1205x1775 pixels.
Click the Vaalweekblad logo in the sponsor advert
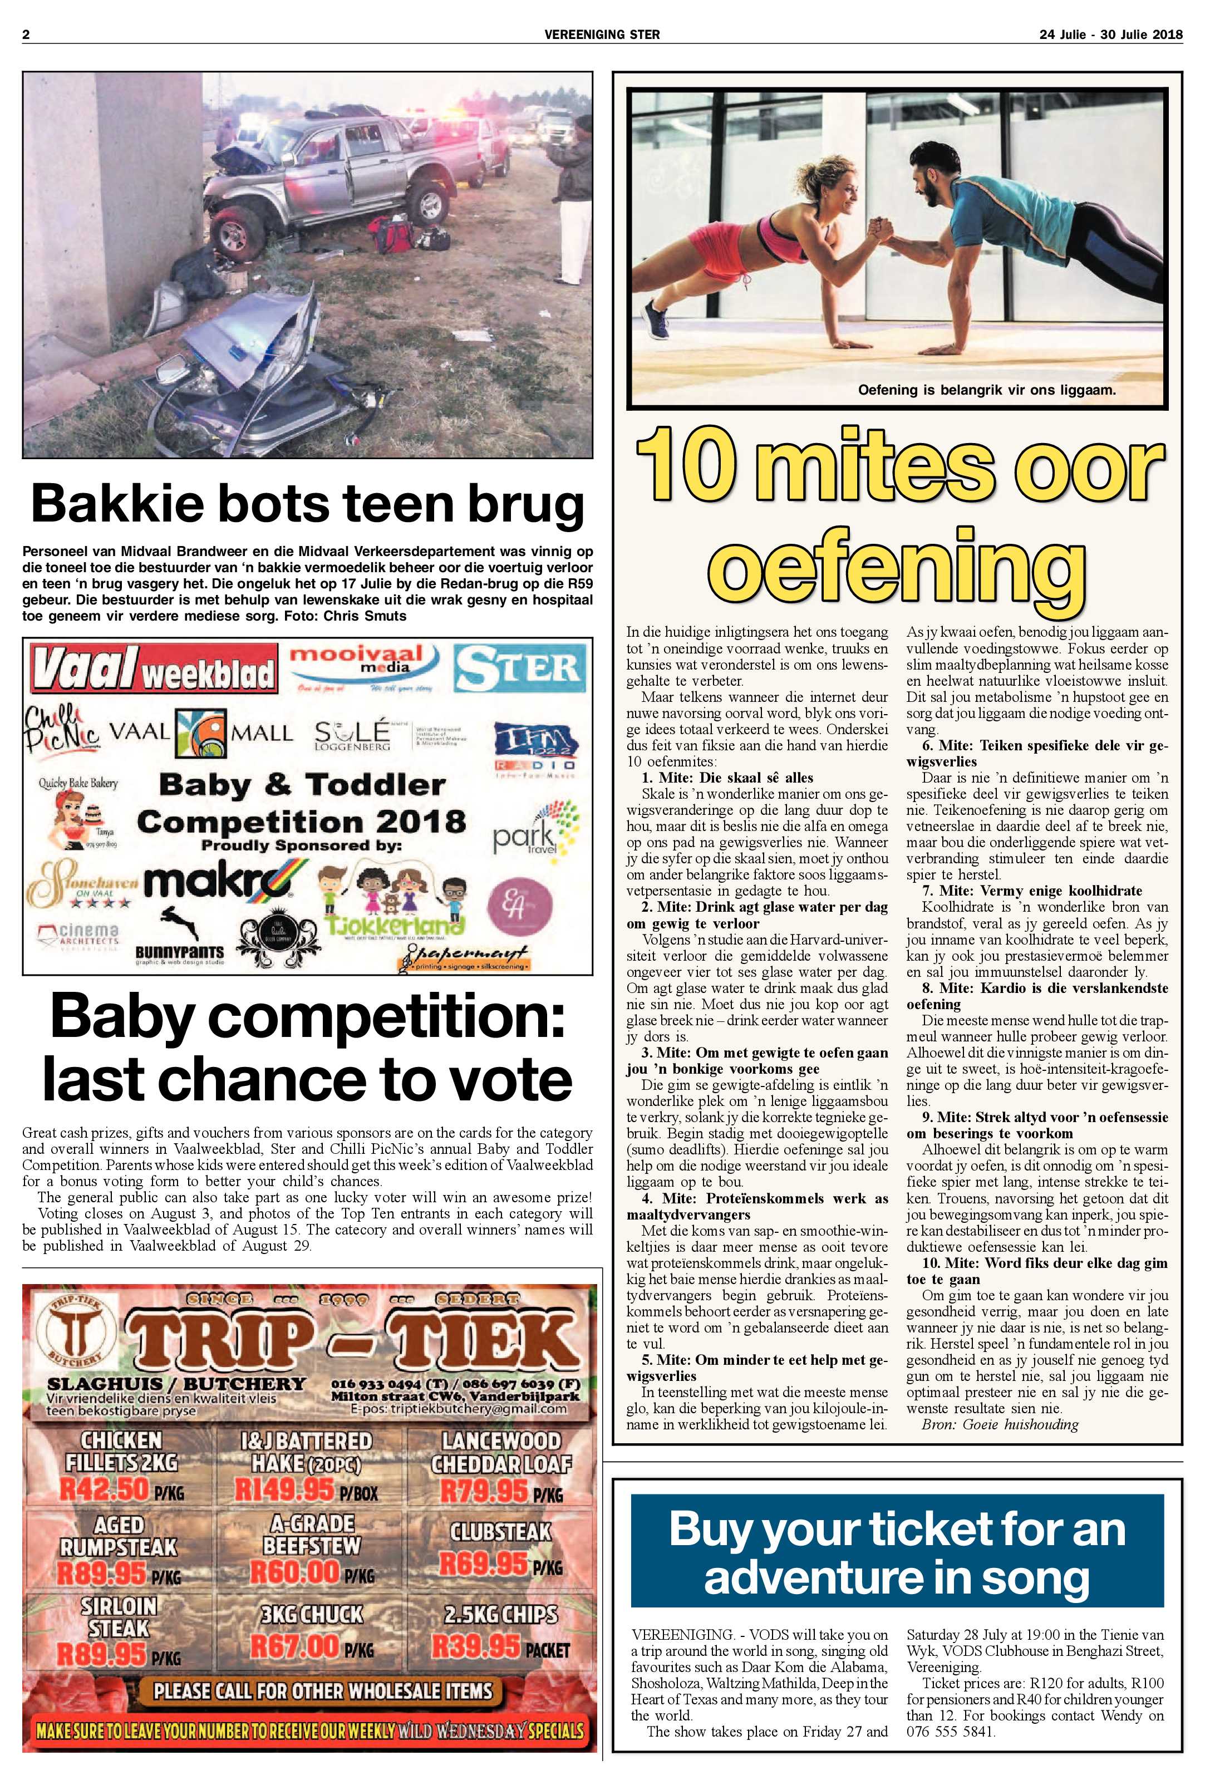click(153, 669)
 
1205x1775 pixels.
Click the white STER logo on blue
click(519, 668)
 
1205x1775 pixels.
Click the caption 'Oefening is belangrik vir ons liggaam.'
click(987, 390)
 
